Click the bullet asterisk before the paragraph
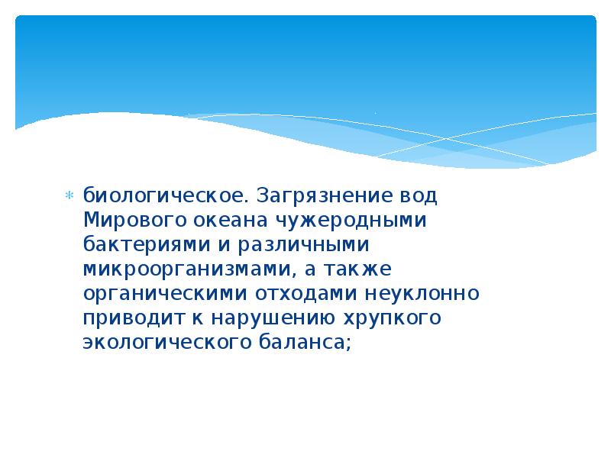tap(69, 195)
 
